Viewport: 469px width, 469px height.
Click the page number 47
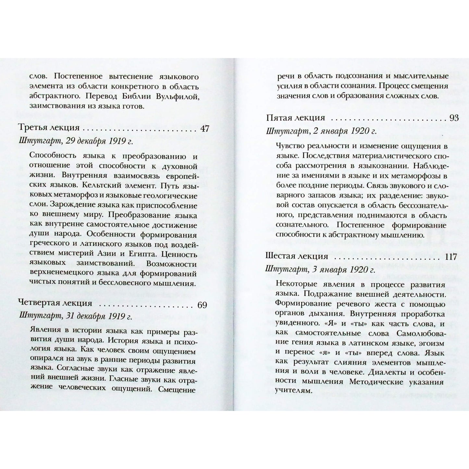204,129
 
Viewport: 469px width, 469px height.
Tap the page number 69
202,305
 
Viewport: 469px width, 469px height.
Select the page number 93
454,117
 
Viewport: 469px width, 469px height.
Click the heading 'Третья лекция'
49,129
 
